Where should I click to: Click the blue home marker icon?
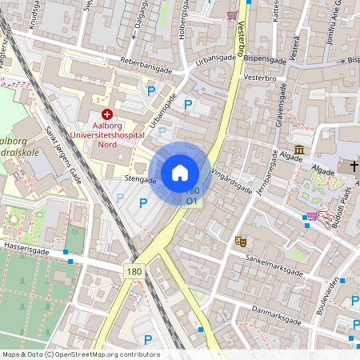[x=180, y=173]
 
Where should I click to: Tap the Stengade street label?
[x=141, y=180]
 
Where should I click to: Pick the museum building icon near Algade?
[x=299, y=150]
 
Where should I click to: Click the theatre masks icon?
[x=239, y=240]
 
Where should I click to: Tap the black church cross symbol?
[x=354, y=166]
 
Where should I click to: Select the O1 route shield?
[x=192, y=202]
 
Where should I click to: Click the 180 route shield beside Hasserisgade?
[x=134, y=273]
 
